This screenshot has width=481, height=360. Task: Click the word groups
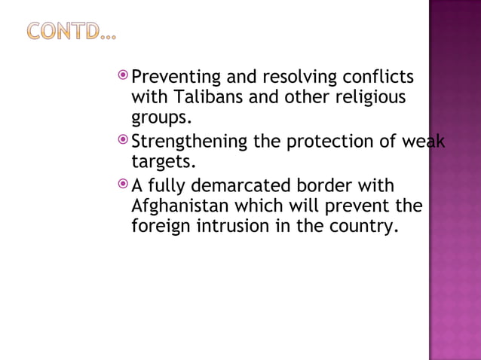point(159,119)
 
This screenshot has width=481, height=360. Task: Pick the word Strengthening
point(190,142)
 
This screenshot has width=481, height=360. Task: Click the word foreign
point(160,226)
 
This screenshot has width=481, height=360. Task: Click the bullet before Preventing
point(124,77)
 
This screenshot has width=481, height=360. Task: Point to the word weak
point(423,142)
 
